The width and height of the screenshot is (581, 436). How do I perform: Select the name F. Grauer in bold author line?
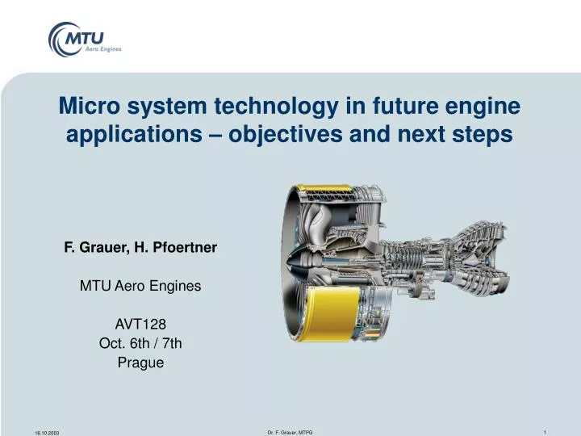(x=96, y=249)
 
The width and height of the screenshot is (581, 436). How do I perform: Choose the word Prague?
(x=140, y=363)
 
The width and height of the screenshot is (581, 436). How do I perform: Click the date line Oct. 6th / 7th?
(x=140, y=343)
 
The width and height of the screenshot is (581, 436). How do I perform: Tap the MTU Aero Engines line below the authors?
(x=140, y=286)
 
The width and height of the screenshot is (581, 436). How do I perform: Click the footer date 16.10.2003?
(x=48, y=433)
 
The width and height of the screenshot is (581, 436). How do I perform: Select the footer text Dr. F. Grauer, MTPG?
(x=290, y=432)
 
